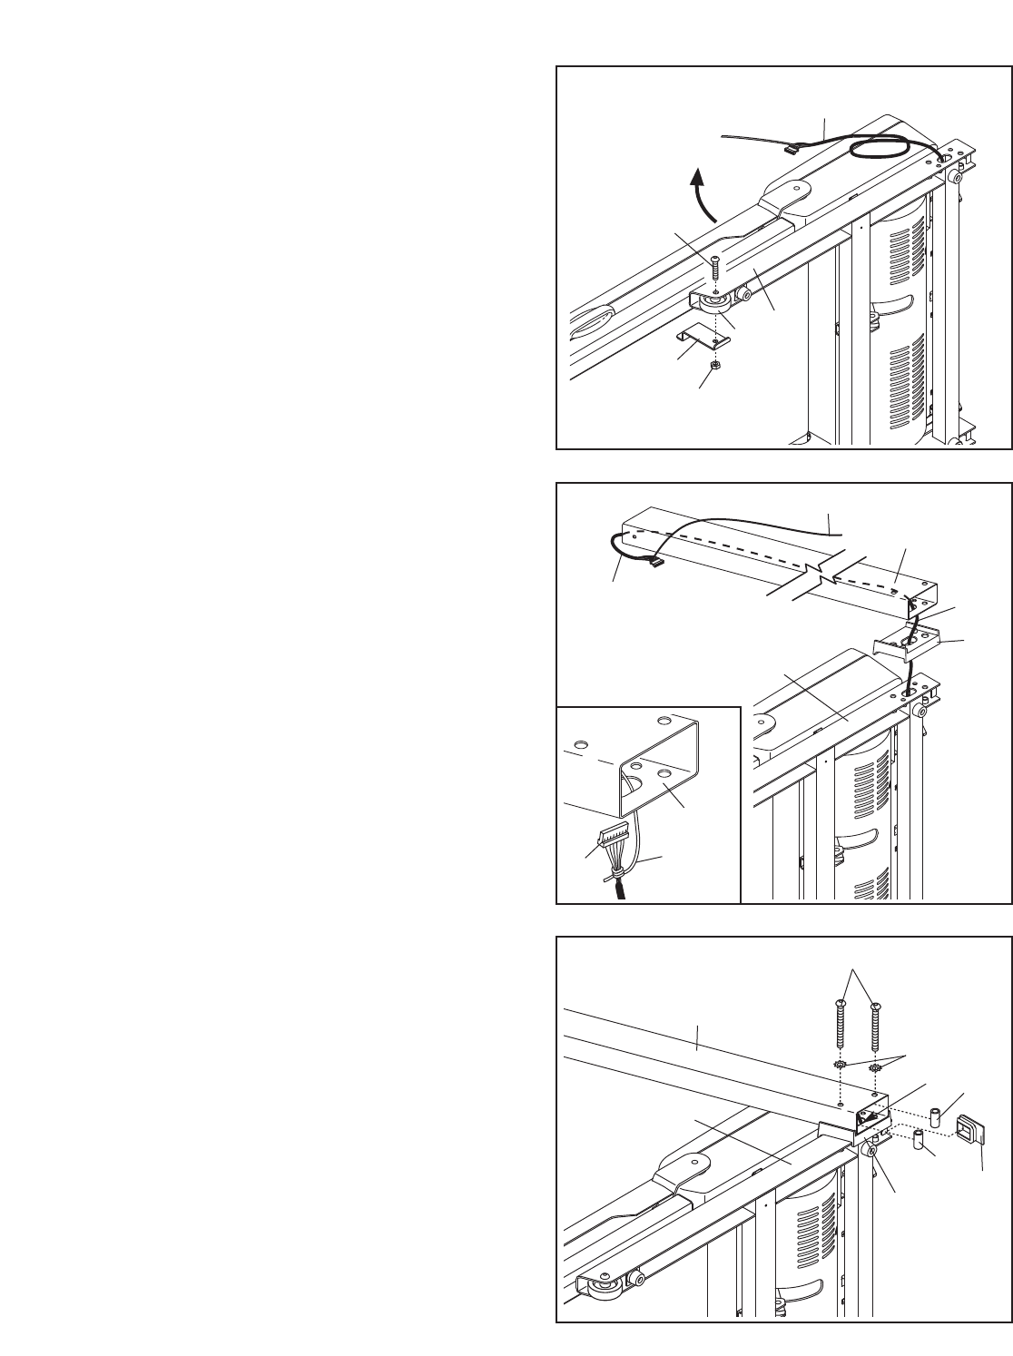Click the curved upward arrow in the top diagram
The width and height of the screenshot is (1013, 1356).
(700, 192)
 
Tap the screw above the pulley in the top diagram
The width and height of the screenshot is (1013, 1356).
(715, 270)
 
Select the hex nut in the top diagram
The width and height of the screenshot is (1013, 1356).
(715, 366)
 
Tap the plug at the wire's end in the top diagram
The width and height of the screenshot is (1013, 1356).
(787, 145)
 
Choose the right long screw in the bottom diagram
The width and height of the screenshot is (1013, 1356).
(875, 1026)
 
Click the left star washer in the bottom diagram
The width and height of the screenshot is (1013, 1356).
(841, 1065)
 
